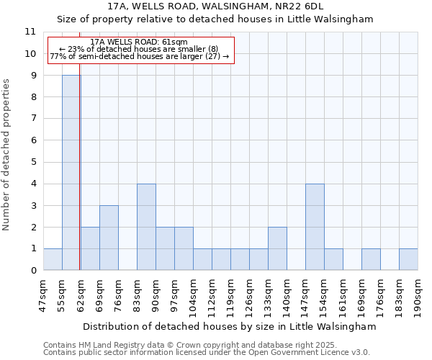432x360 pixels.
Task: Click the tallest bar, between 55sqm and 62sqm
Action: point(71,173)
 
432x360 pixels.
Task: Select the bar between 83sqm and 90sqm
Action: point(146,227)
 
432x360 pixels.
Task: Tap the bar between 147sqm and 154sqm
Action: point(315,227)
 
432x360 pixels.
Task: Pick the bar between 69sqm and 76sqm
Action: point(109,238)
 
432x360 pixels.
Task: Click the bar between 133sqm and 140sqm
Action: point(277,248)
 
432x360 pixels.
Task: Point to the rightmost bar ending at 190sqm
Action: point(408,259)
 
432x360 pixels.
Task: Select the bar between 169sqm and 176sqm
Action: point(371,259)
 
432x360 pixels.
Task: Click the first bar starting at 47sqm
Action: point(53,259)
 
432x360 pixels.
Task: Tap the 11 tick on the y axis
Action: point(30,32)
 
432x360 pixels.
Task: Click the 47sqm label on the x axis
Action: point(43,292)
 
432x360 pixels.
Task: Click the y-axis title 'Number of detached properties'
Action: point(6,155)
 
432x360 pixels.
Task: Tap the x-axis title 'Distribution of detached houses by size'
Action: point(230,326)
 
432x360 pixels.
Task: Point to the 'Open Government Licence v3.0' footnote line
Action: point(207,352)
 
